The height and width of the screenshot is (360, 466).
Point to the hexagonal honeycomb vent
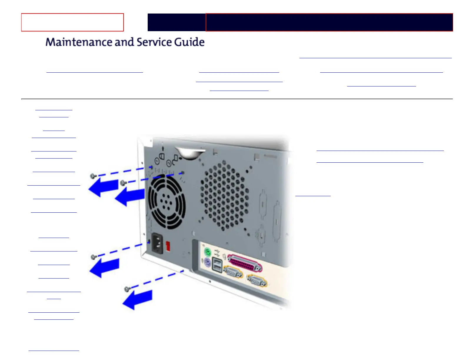tap(224, 195)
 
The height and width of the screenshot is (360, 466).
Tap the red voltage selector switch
tap(168, 246)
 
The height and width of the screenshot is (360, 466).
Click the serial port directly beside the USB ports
tap(233, 272)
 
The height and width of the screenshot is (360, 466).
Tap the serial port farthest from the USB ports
tap(257, 280)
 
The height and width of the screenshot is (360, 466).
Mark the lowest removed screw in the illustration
tap(127, 289)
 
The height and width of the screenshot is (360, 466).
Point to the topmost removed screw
tap(93, 176)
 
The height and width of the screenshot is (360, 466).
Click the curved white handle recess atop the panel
tap(190, 154)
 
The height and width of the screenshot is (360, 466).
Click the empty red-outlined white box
tap(72, 22)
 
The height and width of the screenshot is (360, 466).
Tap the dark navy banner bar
tap(300, 22)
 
